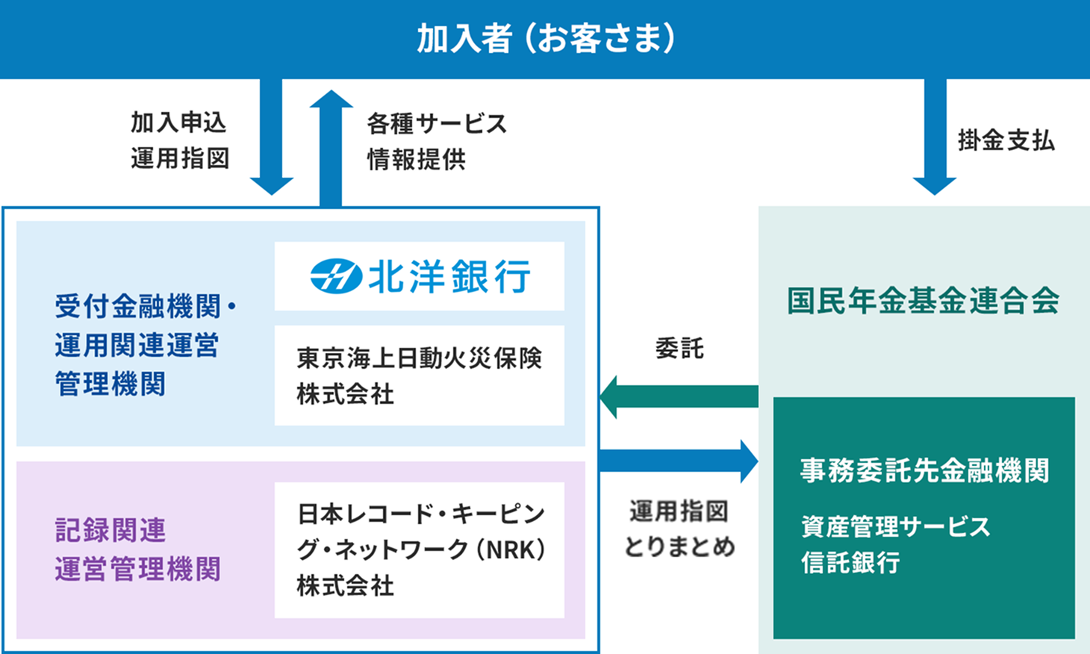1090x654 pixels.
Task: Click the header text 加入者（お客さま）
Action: tap(545, 38)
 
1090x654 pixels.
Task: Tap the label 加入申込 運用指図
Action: tap(179, 140)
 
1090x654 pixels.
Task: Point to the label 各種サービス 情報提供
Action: tap(436, 141)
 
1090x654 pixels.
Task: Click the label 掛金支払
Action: tap(1006, 140)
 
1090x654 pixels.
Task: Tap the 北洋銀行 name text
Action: tap(449, 277)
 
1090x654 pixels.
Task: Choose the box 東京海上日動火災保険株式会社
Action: tap(419, 376)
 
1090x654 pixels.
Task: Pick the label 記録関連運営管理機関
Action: tap(137, 550)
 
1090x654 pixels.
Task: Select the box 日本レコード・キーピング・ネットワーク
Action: tap(419, 550)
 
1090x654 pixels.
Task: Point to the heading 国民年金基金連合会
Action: tap(923, 301)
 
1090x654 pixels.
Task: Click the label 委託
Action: tap(679, 348)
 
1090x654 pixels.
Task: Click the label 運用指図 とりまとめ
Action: tap(679, 529)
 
